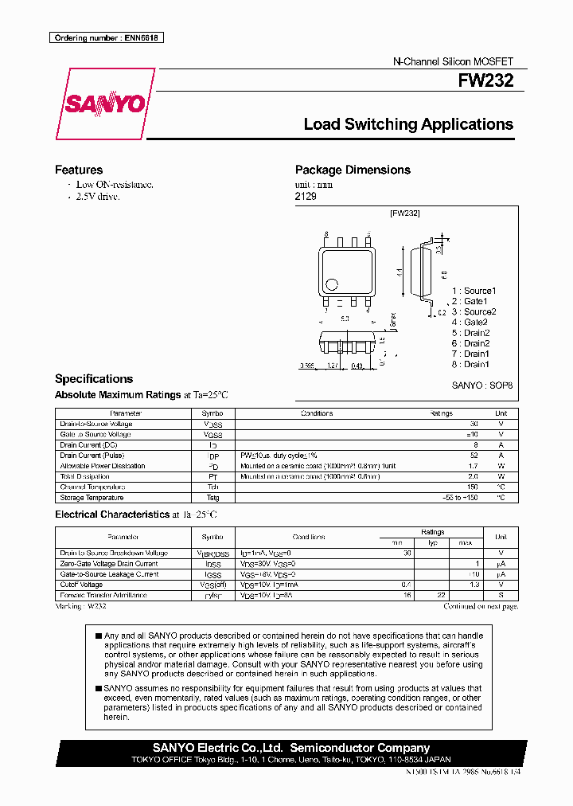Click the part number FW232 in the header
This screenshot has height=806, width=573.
point(485,80)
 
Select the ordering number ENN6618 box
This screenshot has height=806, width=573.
point(106,37)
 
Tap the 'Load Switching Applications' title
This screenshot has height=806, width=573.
point(408,124)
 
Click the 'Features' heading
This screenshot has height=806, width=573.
point(79,170)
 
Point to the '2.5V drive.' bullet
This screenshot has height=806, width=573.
point(98,196)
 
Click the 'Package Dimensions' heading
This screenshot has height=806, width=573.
point(353,170)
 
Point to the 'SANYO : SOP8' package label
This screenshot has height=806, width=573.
point(482,385)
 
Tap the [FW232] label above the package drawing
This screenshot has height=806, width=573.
point(404,213)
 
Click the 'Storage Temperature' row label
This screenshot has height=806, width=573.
point(92,497)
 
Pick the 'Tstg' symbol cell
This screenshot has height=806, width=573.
point(212,497)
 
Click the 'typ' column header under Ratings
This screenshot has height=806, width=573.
point(433,542)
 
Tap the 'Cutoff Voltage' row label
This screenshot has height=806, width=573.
point(81,585)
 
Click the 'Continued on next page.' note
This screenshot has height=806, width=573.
point(481,606)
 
